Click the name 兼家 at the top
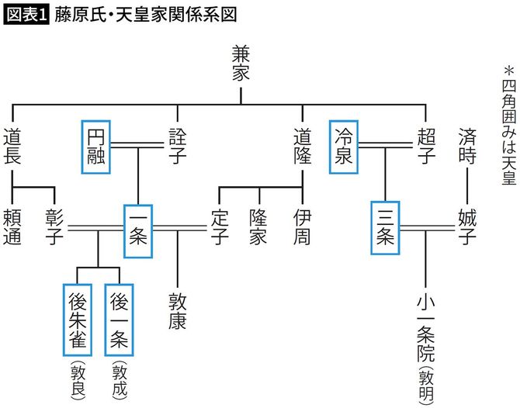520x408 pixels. pyautogui.click(x=241, y=64)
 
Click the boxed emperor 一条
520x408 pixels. pyautogui.click(x=138, y=230)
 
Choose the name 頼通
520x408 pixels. pyautogui.click(x=13, y=227)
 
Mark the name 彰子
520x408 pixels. pyautogui.click(x=54, y=227)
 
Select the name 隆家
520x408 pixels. pyautogui.click(x=261, y=227)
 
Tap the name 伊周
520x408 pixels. pyautogui.click(x=302, y=227)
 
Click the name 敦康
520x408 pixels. pyautogui.click(x=178, y=310)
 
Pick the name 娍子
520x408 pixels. pyautogui.click(x=467, y=227)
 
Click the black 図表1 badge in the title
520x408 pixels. pyautogui.click(x=25, y=16)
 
